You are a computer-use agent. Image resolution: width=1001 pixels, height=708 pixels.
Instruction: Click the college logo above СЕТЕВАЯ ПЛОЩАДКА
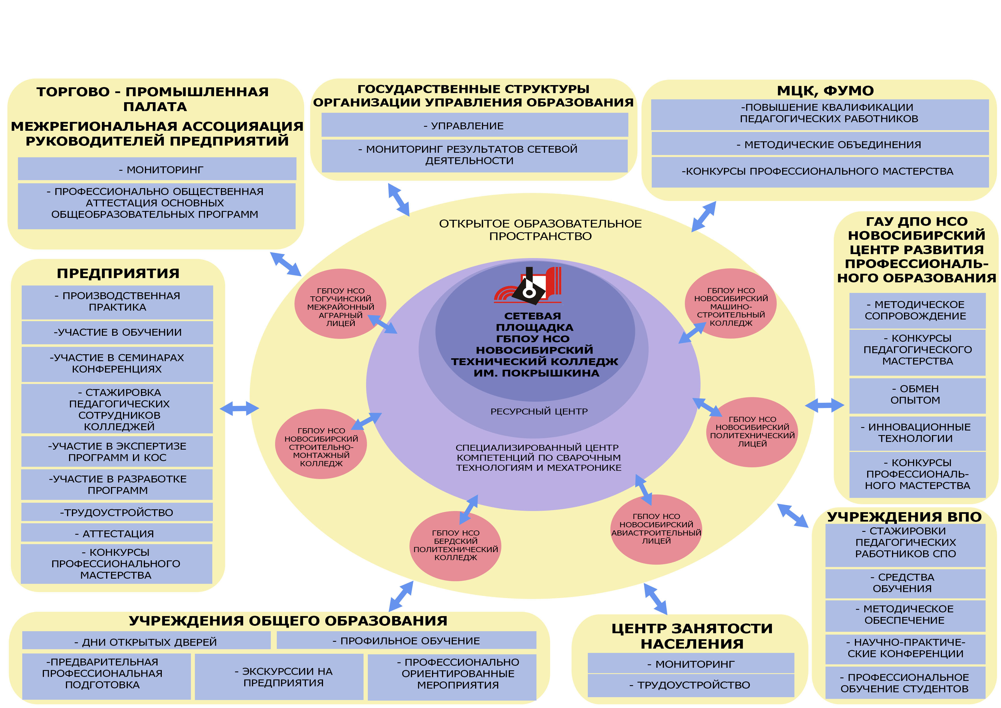[528, 286]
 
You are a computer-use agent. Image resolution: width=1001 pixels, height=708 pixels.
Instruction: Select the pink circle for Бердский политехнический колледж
[455, 546]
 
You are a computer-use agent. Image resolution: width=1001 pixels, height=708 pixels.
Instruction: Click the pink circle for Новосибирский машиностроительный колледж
[731, 304]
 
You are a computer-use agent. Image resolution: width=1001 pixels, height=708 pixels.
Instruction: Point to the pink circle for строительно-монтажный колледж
[321, 444]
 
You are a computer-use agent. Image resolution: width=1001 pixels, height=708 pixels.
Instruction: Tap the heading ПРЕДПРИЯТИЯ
[118, 273]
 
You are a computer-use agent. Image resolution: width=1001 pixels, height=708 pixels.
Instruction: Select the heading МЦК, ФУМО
[825, 91]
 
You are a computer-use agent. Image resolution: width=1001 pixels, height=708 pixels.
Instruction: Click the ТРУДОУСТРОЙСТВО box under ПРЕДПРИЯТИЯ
[117, 512]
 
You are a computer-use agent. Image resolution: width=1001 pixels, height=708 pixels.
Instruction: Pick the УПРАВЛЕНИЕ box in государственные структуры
[474, 126]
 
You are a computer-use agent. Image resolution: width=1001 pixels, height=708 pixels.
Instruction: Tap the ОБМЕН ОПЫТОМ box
[917, 395]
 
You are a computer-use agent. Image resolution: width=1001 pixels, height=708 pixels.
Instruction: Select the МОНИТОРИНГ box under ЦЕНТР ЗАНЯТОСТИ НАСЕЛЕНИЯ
[691, 664]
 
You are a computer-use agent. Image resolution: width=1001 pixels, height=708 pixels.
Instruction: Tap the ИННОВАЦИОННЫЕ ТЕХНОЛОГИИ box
[917, 433]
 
